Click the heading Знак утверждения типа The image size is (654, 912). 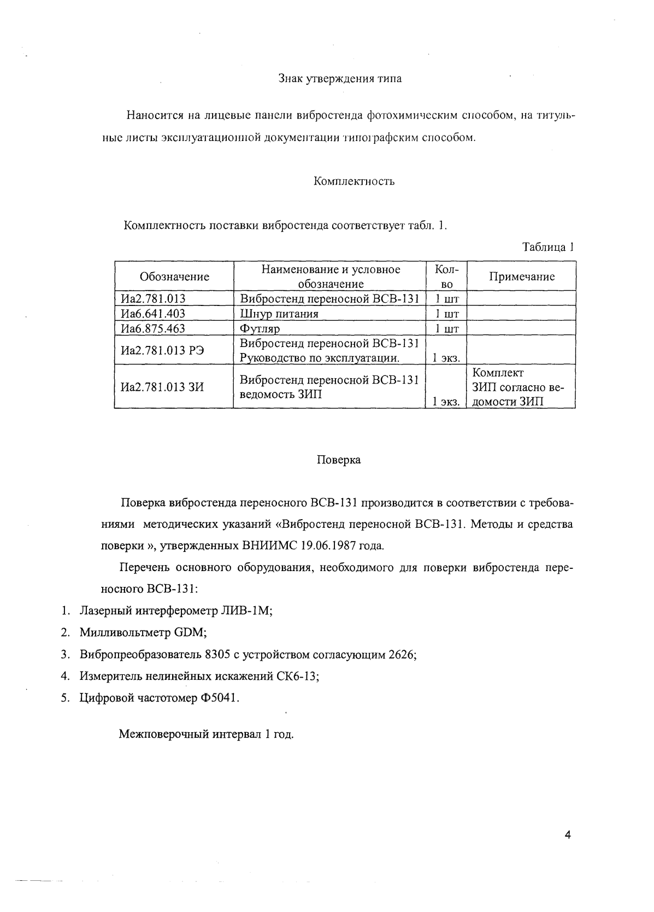[x=340, y=79]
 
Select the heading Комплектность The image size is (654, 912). [x=354, y=181]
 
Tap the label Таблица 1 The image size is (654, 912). [x=548, y=247]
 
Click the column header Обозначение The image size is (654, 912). [x=174, y=276]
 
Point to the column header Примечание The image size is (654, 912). [x=521, y=276]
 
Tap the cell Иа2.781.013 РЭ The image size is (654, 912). [x=162, y=350]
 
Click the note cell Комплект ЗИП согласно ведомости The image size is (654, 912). [x=517, y=387]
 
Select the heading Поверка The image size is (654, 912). [x=339, y=460]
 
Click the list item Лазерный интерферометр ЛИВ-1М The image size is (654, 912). [x=176, y=611]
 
